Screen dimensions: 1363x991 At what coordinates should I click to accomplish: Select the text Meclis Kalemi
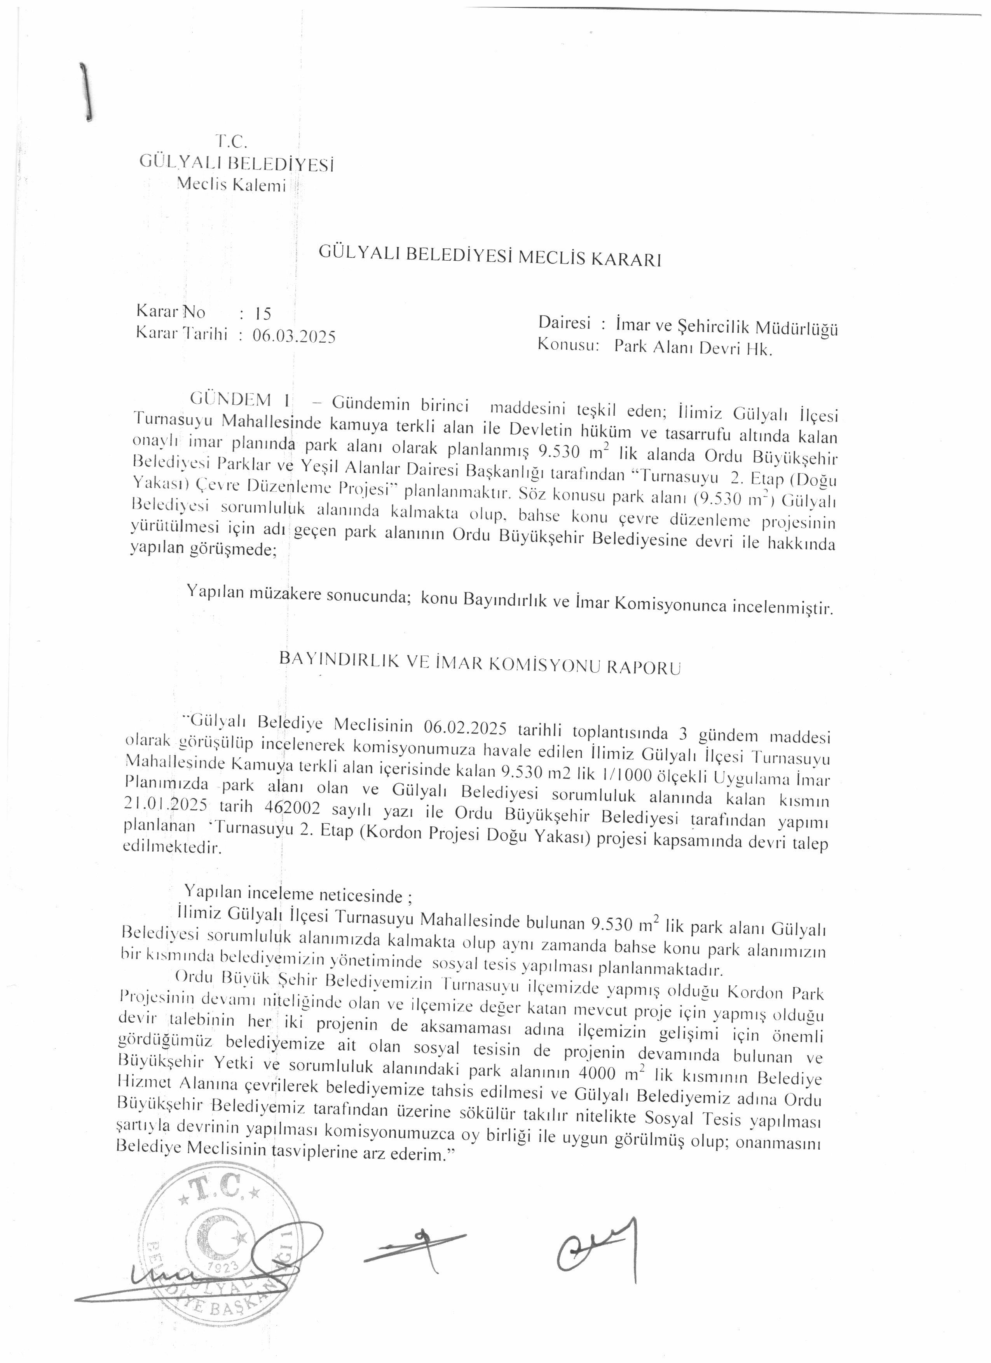pos(231,185)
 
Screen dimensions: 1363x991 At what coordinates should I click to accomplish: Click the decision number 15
pos(263,313)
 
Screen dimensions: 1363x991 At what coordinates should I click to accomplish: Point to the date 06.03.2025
pos(294,336)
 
